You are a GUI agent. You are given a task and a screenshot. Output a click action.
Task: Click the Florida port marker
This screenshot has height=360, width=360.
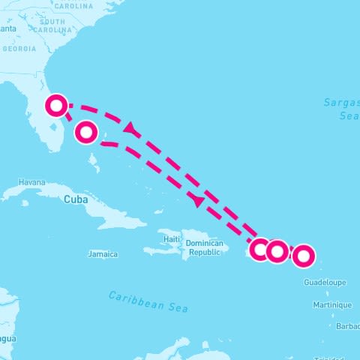[x=56, y=106]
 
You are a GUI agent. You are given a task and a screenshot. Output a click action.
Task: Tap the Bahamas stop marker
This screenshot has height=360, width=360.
[x=87, y=133]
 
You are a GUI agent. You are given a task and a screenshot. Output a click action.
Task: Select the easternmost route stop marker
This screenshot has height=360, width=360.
[x=303, y=256]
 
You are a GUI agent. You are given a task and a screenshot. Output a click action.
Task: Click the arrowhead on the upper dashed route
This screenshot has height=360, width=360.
[x=131, y=129]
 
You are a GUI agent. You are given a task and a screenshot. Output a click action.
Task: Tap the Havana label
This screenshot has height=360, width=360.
[x=31, y=182]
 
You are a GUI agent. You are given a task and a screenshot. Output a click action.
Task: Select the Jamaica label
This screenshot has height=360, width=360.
[x=103, y=254]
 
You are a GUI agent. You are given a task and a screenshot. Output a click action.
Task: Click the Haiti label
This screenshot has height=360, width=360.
[x=172, y=239]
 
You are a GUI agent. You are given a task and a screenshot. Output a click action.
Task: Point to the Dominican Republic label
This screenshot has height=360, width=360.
[x=205, y=247]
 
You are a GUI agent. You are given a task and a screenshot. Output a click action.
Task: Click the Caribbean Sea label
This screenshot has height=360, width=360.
[x=148, y=301]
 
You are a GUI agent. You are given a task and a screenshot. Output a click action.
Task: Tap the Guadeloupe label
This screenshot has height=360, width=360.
[x=325, y=282]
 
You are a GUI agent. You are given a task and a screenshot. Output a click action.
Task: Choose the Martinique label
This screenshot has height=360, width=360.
[x=332, y=304]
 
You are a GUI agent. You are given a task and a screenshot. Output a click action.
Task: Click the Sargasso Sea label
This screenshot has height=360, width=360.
[x=342, y=109]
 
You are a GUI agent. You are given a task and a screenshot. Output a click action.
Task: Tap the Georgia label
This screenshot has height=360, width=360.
[x=19, y=49]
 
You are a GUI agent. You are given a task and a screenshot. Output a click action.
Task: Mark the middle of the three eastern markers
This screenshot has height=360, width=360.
[x=277, y=252]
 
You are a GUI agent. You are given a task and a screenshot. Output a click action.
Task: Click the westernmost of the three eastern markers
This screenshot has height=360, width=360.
[x=259, y=250]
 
